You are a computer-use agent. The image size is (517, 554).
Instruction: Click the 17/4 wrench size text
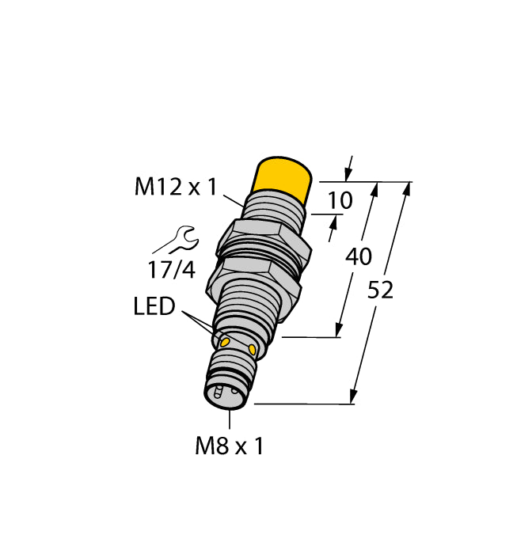coord(171,269)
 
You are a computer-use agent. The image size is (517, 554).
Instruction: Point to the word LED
coord(154,307)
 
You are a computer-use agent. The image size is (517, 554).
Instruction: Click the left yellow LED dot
coord(225,342)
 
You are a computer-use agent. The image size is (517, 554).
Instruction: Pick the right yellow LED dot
coord(253,349)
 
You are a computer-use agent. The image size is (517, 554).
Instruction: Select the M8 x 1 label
coord(230,446)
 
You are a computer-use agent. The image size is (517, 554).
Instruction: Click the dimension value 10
coord(340,201)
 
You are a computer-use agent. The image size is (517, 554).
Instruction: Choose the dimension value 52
coord(380,290)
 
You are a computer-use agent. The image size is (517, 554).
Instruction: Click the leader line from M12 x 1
coord(233,198)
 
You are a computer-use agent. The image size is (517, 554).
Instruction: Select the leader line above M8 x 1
coord(230,419)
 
